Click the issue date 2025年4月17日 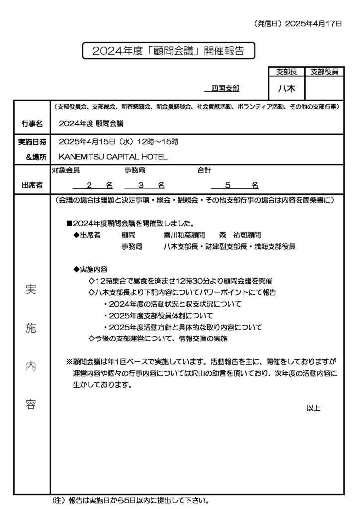[x=314, y=23]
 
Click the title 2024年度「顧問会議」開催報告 [x=169, y=51]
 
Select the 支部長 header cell [x=286, y=72]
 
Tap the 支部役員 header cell [x=324, y=72]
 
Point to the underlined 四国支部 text [x=225, y=88]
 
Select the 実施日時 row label [x=32, y=142]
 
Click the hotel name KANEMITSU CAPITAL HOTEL [x=113, y=157]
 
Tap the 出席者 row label [x=32, y=185]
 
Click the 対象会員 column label [x=66, y=170]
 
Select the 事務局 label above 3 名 [x=135, y=170]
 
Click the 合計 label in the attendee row [x=204, y=170]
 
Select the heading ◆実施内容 [x=90, y=269]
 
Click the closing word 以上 [x=313, y=408]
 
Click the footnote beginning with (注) [x=130, y=500]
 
